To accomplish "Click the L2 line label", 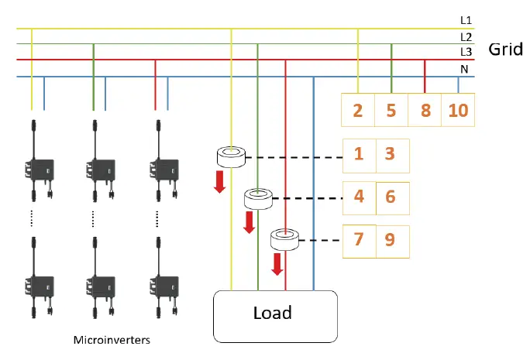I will tap(465, 37).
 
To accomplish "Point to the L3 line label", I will tap(465, 52).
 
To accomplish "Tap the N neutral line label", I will tap(465, 69).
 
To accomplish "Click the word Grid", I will tap(506, 50).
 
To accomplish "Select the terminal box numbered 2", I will tap(358, 110).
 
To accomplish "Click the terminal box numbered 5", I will tap(391, 110).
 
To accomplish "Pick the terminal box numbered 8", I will tap(425, 110).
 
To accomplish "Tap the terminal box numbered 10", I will tap(458, 110).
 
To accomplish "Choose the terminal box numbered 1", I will tap(359, 153).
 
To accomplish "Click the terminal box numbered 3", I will tap(391, 153).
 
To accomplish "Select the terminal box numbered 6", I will tap(391, 197).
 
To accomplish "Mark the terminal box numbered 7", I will tap(359, 240).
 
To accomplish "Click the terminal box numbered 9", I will tap(391, 240).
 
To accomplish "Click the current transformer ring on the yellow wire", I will tap(232, 158).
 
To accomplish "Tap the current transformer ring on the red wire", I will tap(285, 239).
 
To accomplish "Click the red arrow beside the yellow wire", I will tap(220, 181).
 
